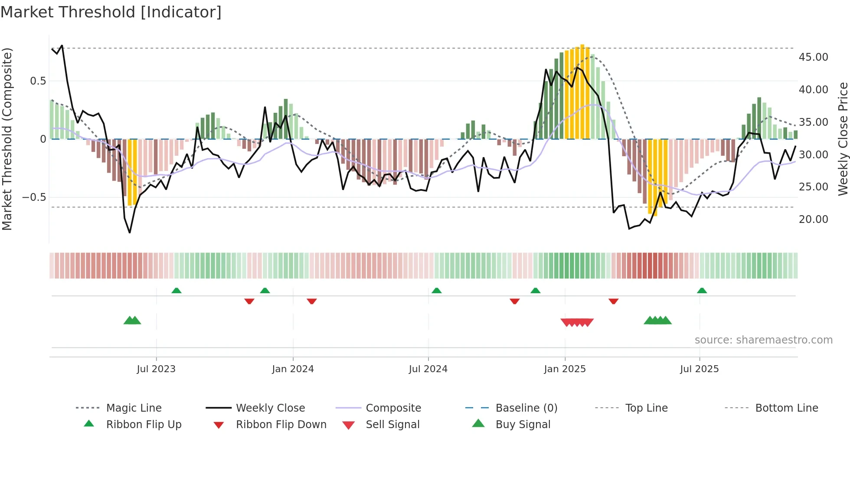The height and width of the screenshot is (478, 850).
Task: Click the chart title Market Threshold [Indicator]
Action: click(111, 12)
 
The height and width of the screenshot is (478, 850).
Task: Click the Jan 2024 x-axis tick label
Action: click(293, 369)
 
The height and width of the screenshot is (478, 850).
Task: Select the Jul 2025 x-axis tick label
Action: click(699, 369)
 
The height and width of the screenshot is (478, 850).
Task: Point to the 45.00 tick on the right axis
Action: click(813, 57)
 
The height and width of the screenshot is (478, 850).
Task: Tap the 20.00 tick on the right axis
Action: click(813, 219)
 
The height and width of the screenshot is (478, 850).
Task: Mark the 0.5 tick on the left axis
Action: click(38, 81)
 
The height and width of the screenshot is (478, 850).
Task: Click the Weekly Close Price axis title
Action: click(843, 139)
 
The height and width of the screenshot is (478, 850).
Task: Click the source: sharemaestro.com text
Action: click(763, 340)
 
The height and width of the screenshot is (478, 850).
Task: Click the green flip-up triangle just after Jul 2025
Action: click(702, 291)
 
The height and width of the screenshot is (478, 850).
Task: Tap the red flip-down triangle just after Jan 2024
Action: click(311, 301)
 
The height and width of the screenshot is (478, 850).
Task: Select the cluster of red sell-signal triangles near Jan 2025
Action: click(577, 322)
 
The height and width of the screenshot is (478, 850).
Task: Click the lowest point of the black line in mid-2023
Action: click(130, 232)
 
